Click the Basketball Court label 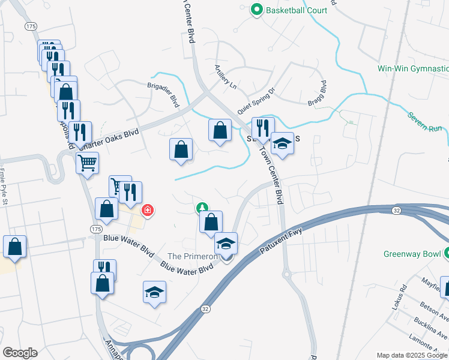pos(298,10)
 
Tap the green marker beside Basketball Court pos(257,10)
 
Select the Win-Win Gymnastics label pos(413,68)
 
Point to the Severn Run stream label pos(427,123)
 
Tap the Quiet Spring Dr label pos(256,101)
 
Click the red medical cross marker pos(147,211)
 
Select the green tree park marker pos(202,208)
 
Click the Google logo pos(19,353)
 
